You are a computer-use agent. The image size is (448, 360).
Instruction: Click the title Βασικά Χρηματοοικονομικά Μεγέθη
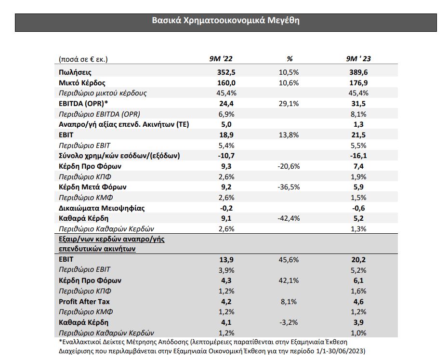tap(225, 21)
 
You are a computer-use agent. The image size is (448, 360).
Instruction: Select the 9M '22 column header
tap(221, 59)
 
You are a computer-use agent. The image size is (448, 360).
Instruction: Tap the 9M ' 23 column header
tap(358, 59)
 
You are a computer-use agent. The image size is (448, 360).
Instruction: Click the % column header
tap(290, 59)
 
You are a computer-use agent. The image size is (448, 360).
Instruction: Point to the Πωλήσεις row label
tap(75, 72)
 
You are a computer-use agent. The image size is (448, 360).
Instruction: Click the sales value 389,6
tap(358, 72)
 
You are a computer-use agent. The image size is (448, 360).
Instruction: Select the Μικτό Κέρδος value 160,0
tap(226, 83)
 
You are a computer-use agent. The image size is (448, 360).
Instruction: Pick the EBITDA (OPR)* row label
tap(83, 104)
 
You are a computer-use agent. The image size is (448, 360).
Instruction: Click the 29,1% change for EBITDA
tap(289, 104)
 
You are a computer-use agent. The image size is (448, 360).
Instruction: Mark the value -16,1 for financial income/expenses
tap(358, 156)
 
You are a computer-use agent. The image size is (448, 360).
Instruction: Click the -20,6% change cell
tap(289, 166)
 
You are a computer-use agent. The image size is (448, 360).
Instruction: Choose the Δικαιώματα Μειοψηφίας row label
tap(102, 208)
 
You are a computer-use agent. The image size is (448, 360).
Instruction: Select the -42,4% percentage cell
tap(289, 218)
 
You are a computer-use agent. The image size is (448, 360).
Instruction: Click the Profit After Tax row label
tap(84, 302)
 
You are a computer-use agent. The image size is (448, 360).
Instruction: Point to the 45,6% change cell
tap(289, 260)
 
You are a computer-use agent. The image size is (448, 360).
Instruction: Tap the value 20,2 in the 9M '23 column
tap(358, 260)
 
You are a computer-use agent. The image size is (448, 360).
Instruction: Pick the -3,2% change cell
tap(289, 322)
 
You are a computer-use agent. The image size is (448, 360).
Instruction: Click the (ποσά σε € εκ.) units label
tap(83, 59)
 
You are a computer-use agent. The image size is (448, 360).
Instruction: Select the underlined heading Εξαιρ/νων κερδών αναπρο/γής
tap(112, 239)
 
